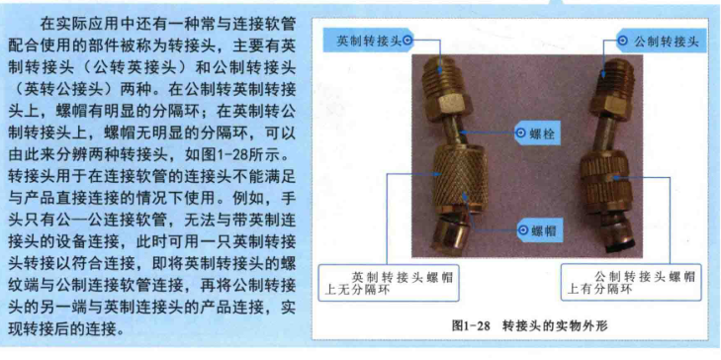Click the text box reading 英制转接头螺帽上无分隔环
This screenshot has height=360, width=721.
pos(389,282)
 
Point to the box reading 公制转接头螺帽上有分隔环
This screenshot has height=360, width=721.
pos(631,282)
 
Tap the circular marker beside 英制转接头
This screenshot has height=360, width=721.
pos(407,41)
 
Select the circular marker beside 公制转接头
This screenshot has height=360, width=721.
pos(622,41)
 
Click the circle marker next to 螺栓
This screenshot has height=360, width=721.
pos(521,134)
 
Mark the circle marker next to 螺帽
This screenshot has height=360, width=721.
pos(523,229)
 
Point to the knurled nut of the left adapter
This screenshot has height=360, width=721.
pos(454,178)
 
